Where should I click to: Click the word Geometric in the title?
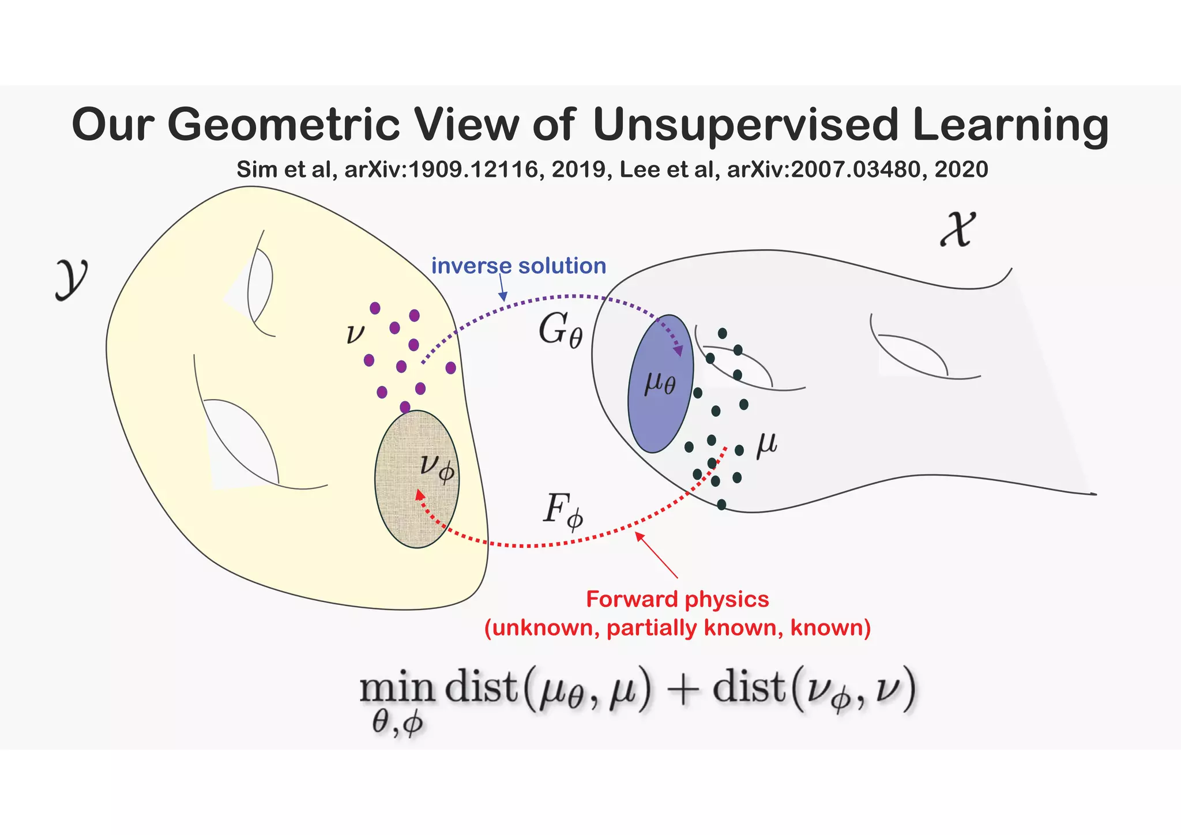point(283,125)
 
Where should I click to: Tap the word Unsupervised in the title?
point(745,125)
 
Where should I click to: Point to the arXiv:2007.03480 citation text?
point(826,170)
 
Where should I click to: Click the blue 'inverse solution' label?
point(518,266)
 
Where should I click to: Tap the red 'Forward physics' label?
point(677,599)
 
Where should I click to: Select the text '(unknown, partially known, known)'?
point(677,627)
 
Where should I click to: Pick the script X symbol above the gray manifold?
point(958,230)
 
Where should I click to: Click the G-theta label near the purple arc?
point(560,332)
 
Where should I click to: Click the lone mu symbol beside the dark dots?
point(766,445)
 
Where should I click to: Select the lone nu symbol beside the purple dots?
point(355,334)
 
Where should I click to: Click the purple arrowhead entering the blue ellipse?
point(678,349)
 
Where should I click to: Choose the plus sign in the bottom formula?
point(682,689)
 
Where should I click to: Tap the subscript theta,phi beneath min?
point(398,723)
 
